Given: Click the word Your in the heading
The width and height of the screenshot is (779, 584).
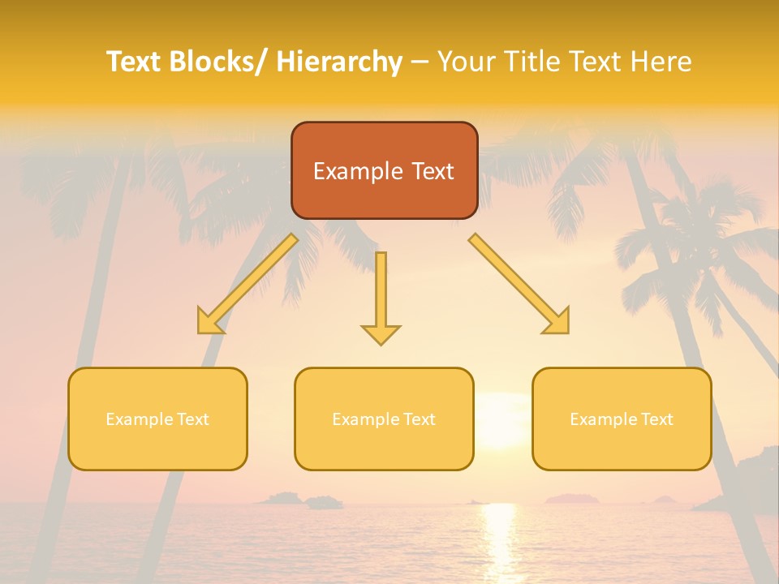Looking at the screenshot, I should (466, 62).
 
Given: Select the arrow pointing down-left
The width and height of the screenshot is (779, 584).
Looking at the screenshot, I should (247, 284).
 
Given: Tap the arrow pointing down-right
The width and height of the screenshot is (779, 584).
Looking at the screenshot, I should (519, 284).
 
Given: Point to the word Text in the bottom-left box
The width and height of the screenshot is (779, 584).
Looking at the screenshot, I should (193, 419).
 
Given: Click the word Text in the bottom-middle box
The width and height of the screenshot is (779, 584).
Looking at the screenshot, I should (420, 419).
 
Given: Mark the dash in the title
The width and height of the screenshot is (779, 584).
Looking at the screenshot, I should (420, 62).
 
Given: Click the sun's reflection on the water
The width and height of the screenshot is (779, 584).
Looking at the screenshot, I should (499, 539).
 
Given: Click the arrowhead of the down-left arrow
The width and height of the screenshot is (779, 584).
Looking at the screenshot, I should (209, 323).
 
